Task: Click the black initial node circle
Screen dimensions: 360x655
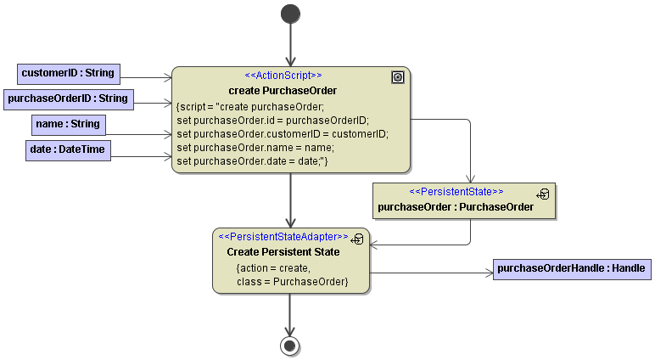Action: (290, 13)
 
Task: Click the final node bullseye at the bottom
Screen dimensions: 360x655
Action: (290, 345)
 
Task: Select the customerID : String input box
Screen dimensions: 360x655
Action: (68, 73)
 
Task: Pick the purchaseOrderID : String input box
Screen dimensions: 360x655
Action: (68, 98)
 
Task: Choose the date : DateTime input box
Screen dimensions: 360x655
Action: (68, 150)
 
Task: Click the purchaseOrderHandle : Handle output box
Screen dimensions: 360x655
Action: (572, 269)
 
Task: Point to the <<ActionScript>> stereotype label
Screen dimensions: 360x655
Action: (283, 76)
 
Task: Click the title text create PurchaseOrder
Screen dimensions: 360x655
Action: (283, 91)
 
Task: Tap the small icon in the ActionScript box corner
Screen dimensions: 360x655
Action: (398, 76)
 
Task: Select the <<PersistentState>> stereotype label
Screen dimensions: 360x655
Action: (456, 192)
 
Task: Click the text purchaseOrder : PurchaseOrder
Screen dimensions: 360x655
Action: (455, 206)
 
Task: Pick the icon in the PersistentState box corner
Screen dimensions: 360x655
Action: (543, 194)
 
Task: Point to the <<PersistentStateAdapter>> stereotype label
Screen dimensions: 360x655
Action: (283, 236)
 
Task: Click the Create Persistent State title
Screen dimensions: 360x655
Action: (283, 252)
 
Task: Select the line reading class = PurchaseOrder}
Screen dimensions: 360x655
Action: (293, 281)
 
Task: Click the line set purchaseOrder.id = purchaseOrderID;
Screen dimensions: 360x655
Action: (272, 120)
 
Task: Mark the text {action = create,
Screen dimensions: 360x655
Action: (273, 267)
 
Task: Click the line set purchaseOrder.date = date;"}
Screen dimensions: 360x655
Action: (252, 160)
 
